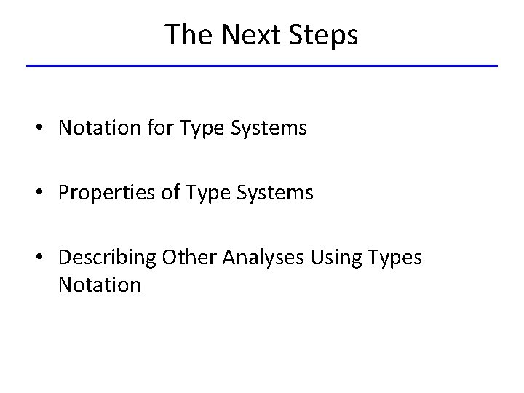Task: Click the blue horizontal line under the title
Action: click(x=262, y=66)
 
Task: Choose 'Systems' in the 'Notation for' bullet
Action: click(x=269, y=129)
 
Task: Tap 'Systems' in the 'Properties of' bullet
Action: click(x=275, y=194)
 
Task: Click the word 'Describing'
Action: click(x=108, y=258)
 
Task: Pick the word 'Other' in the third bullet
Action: click(x=190, y=257)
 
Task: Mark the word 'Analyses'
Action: click(x=264, y=258)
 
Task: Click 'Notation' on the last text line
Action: click(x=99, y=285)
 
